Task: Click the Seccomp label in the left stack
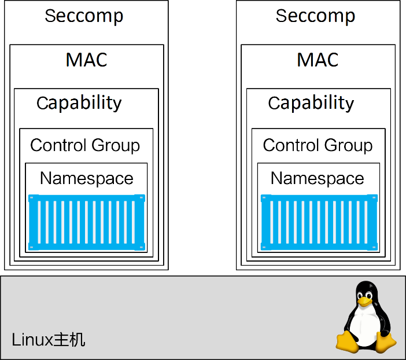(x=84, y=16)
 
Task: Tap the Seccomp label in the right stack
(x=315, y=16)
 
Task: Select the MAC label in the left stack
(x=86, y=60)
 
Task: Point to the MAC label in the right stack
(x=318, y=60)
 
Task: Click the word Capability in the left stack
(x=79, y=103)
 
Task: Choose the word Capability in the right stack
(x=311, y=103)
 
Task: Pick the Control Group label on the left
(x=85, y=145)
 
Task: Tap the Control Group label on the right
(x=318, y=145)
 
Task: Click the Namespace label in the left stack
(x=86, y=178)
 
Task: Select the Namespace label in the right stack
(x=318, y=178)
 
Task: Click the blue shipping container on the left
(x=87, y=222)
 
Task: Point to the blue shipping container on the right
(x=319, y=222)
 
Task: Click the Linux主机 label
(x=49, y=339)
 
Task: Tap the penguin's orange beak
(x=364, y=300)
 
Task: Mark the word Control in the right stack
(x=289, y=145)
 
